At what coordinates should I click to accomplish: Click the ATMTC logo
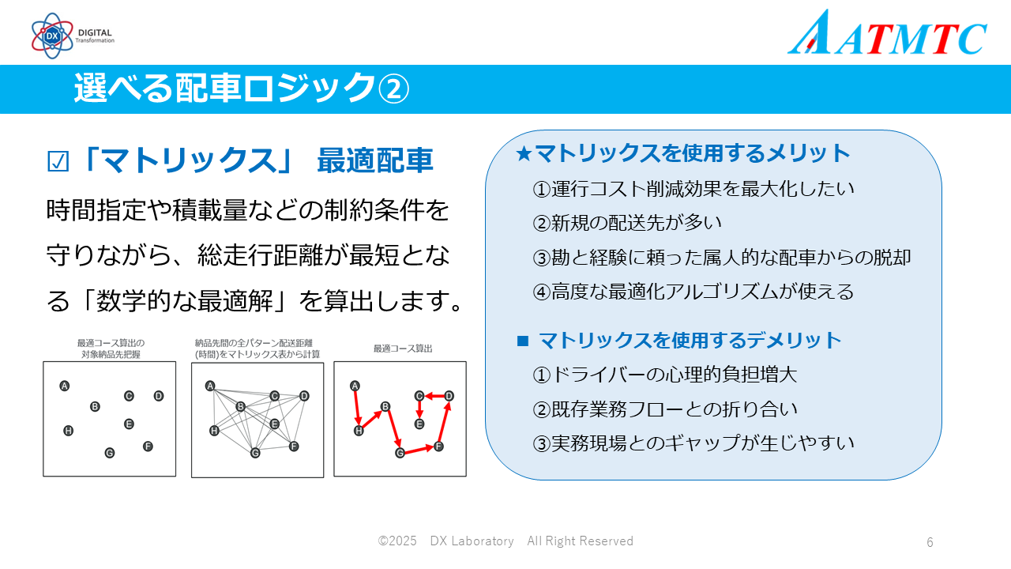(x=887, y=33)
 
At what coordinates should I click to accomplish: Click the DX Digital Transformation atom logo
(x=52, y=36)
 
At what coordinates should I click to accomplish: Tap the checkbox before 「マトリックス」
(x=58, y=162)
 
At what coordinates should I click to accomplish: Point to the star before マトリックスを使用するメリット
(x=524, y=153)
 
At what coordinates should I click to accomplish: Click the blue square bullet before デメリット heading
(x=523, y=341)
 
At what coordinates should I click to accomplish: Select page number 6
(x=930, y=542)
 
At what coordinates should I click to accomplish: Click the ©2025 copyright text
(x=397, y=541)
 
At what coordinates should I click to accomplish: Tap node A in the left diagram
(x=65, y=386)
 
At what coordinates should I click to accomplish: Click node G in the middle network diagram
(x=255, y=453)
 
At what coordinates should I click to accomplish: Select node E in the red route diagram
(x=419, y=424)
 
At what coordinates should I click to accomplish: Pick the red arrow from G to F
(x=419, y=450)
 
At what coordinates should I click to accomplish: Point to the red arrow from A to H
(x=356, y=409)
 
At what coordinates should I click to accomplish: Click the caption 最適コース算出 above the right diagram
(x=403, y=349)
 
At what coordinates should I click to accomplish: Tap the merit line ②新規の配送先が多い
(x=627, y=223)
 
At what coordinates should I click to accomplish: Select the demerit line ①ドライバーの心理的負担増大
(x=665, y=375)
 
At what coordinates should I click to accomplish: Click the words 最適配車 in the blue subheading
(x=375, y=160)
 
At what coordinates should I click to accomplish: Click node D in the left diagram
(x=159, y=396)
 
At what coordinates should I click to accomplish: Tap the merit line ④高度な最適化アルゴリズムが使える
(x=693, y=292)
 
